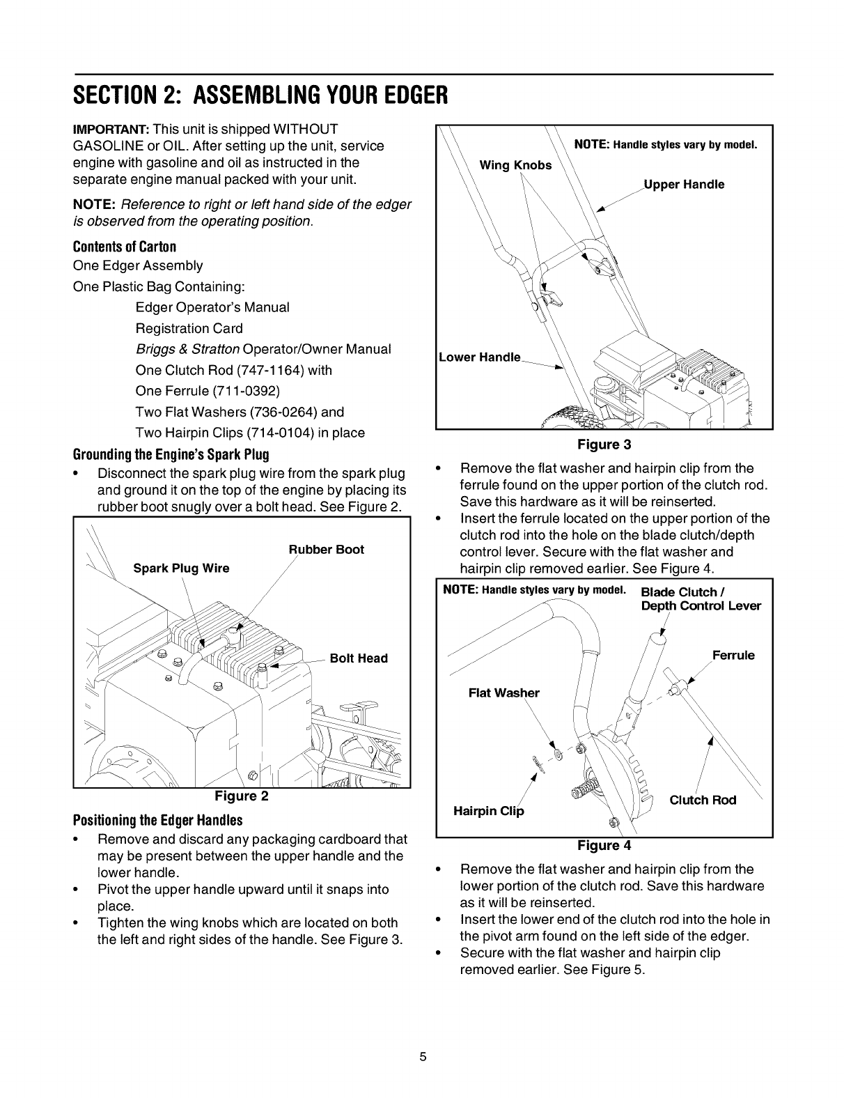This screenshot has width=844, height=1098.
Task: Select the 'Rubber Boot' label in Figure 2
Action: pos(327,550)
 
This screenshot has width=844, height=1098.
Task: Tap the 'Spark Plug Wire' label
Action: pos(181,568)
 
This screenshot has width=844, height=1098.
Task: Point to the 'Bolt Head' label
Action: pos(358,658)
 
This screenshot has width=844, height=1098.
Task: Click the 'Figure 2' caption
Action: pos(241,796)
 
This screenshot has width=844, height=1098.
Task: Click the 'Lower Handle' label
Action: pos(480,357)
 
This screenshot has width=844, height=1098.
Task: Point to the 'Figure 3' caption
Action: pos(604,444)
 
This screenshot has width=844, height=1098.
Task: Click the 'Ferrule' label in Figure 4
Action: pos(733,656)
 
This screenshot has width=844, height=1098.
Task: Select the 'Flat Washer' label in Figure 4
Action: pos(504,693)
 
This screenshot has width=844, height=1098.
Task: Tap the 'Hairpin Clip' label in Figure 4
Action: pos(488,811)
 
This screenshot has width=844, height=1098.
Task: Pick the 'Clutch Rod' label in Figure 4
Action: pos(703,800)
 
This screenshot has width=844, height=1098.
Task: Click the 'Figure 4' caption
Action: pos(604,845)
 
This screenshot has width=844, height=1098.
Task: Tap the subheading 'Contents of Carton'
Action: pos(125,247)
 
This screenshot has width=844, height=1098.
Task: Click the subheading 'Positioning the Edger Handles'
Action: pos(157,819)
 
